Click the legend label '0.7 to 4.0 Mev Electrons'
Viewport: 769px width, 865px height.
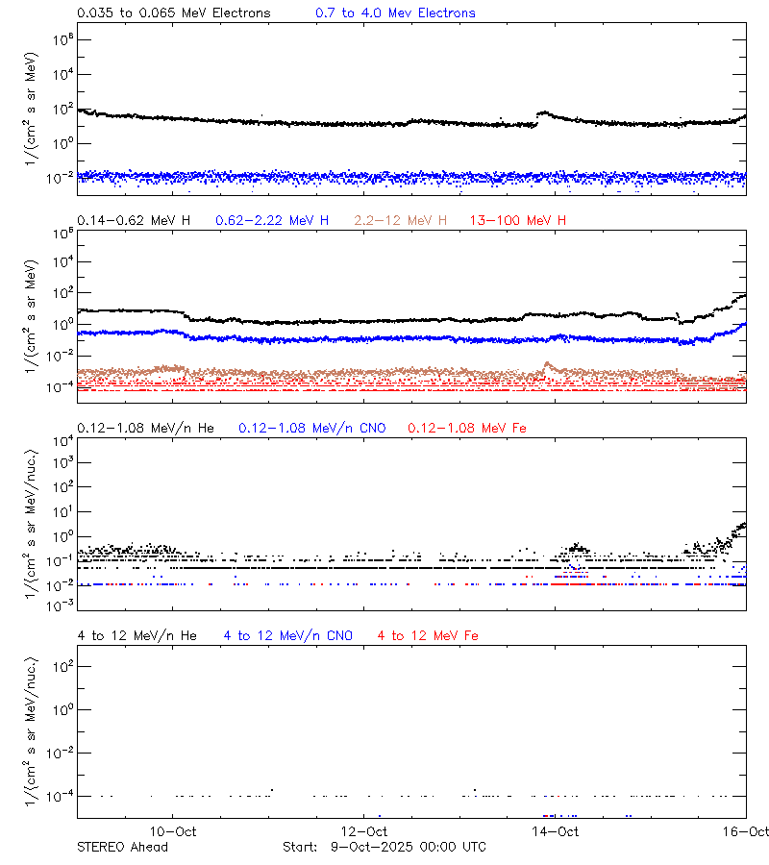pyautogui.click(x=395, y=13)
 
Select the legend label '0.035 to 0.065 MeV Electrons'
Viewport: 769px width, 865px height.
pyautogui.click(x=173, y=13)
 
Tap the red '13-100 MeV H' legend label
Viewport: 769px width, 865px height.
pyautogui.click(x=518, y=221)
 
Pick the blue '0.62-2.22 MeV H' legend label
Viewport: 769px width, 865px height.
pyautogui.click(x=272, y=221)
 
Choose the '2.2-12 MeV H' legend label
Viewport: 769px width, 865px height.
pyautogui.click(x=401, y=221)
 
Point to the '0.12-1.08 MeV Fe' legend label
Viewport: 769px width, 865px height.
pyautogui.click(x=467, y=428)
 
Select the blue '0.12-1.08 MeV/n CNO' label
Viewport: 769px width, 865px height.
pyautogui.click(x=311, y=428)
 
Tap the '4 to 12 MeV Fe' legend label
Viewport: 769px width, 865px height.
pyautogui.click(x=428, y=635)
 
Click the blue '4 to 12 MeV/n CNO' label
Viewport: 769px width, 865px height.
pyautogui.click(x=288, y=635)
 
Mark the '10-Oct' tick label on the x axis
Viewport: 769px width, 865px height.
pyautogui.click(x=174, y=831)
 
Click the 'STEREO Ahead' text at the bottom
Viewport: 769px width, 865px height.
pyautogui.click(x=122, y=847)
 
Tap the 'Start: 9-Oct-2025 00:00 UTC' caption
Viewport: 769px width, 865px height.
pyautogui.click(x=384, y=847)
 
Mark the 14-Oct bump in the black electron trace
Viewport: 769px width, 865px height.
pyautogui.click(x=544, y=113)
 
